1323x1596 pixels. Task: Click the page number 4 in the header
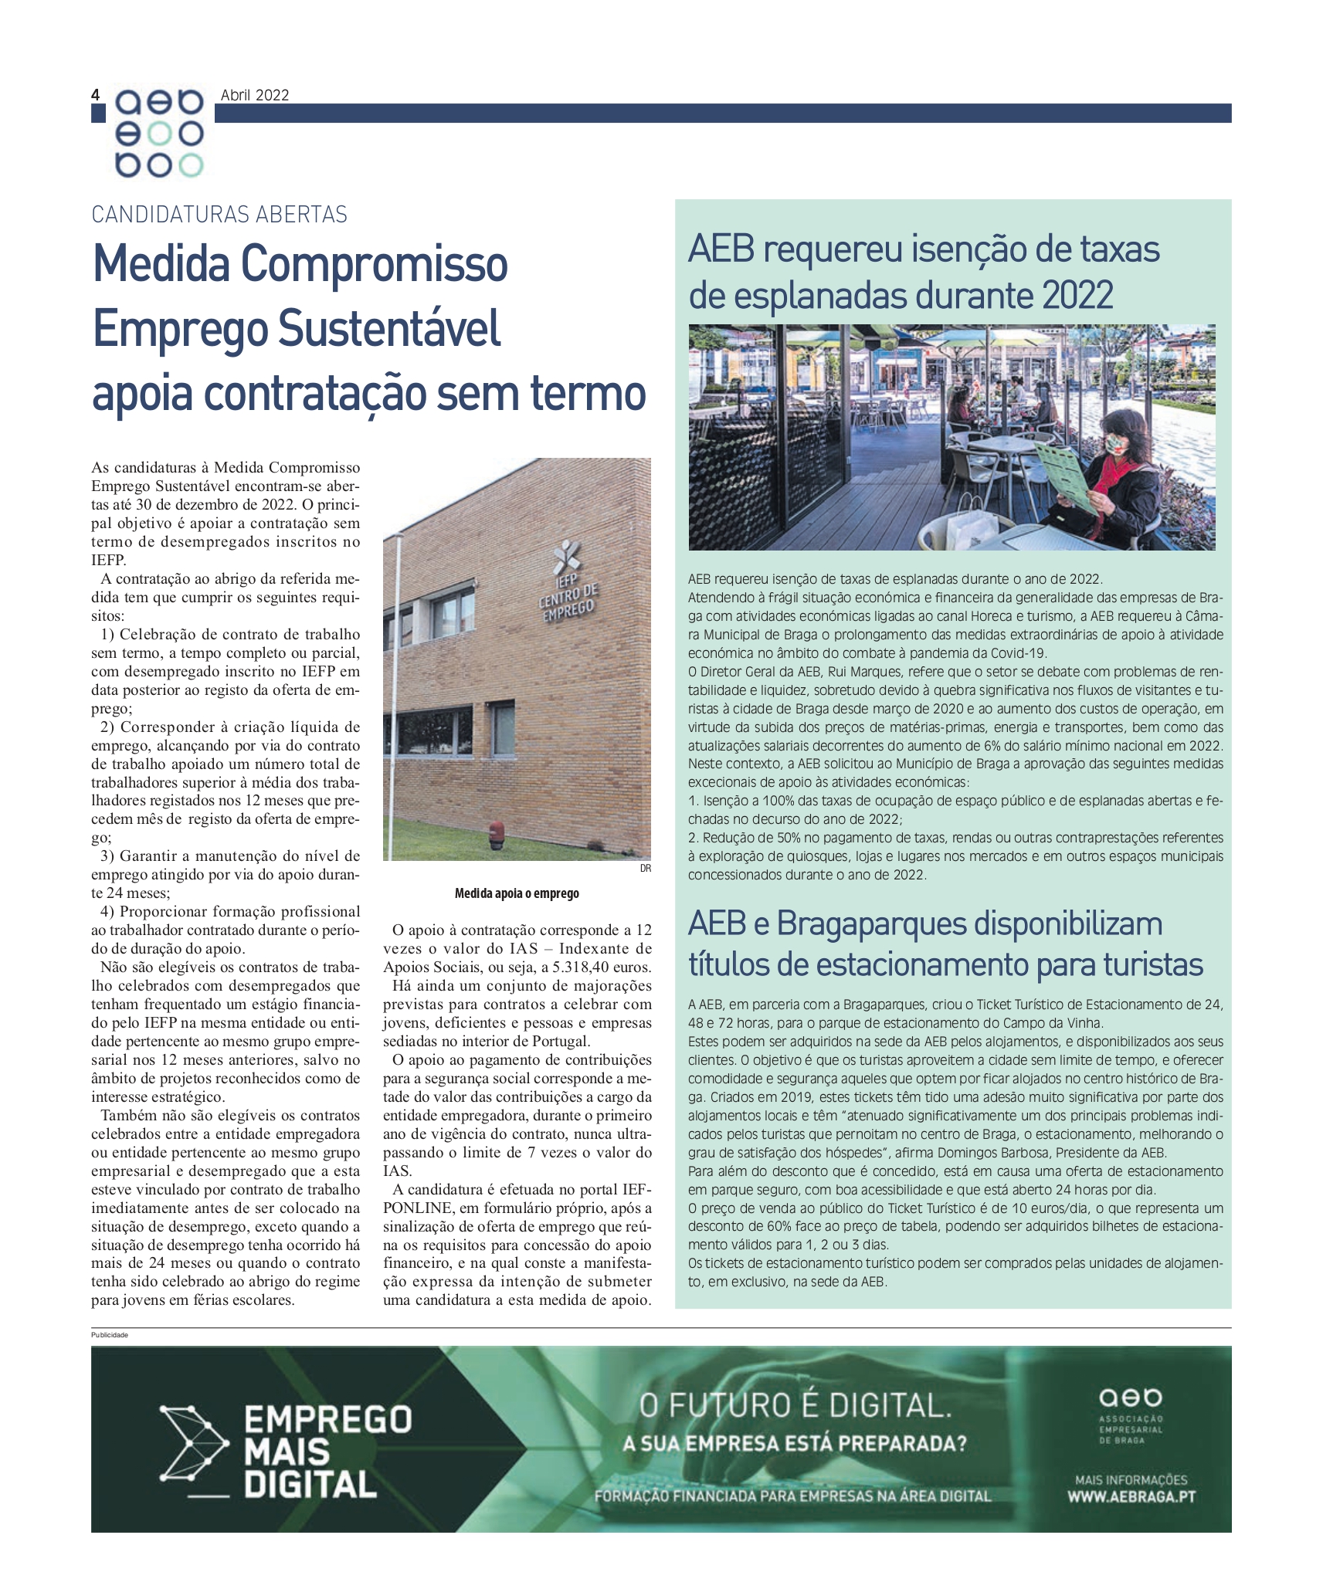coord(96,95)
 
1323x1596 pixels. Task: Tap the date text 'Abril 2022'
coord(255,95)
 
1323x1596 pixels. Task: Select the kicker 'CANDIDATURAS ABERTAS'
coord(219,215)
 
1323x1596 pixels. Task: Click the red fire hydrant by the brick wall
coord(496,832)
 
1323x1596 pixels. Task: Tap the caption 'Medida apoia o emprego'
coord(517,893)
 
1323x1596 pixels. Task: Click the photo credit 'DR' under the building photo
coord(645,869)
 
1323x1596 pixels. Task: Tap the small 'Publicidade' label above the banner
coord(110,1335)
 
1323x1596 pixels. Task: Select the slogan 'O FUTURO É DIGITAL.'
coord(795,1405)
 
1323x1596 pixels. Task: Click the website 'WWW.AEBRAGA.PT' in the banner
coord(1131,1496)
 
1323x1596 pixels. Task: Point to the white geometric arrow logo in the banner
coord(194,1442)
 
